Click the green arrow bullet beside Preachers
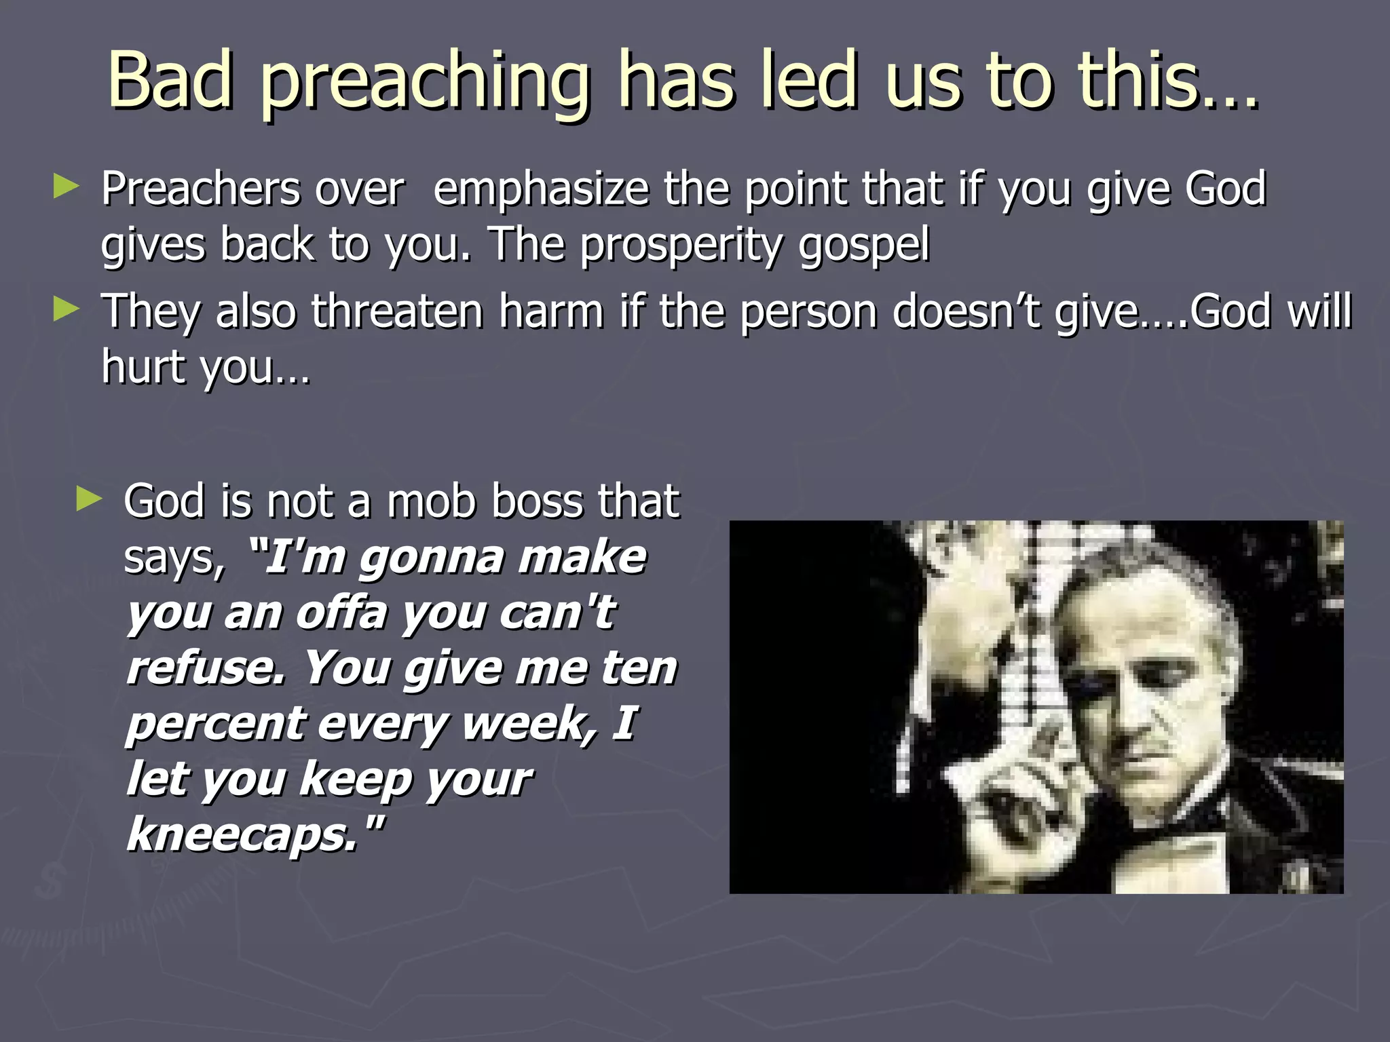(67, 186)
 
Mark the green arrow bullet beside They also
(67, 309)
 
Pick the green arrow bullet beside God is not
(89, 499)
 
